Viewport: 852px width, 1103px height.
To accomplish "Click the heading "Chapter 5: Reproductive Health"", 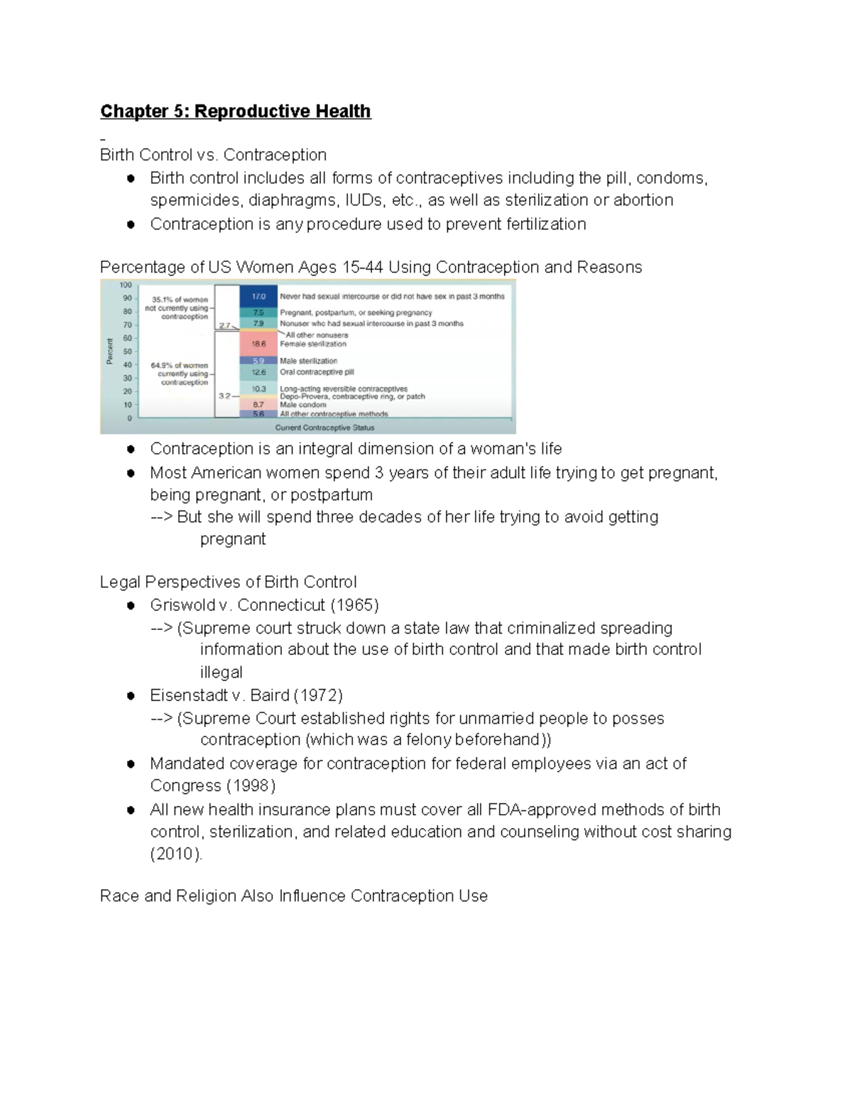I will (235, 112).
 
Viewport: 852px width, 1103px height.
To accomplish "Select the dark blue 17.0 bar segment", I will (258, 296).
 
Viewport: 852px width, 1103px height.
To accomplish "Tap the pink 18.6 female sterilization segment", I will (258, 344).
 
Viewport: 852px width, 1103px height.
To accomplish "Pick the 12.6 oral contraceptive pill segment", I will (258, 372).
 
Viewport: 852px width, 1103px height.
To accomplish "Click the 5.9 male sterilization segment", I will (258, 361).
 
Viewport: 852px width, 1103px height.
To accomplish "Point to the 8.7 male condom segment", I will (258, 405).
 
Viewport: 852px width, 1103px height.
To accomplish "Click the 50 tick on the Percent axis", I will (128, 352).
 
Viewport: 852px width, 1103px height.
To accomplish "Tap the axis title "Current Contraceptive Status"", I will (324, 428).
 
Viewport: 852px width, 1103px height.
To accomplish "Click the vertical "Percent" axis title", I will (110, 351).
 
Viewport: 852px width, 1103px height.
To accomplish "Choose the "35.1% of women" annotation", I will (180, 300).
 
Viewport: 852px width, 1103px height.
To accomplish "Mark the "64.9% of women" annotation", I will (180, 365).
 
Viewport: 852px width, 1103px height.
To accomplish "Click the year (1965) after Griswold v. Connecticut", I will (354, 605).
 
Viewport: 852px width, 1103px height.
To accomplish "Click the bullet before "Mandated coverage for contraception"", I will (131, 764).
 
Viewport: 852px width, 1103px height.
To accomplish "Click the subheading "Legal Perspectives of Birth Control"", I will (228, 582).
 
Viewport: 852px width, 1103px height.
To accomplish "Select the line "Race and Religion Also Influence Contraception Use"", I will (293, 896).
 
